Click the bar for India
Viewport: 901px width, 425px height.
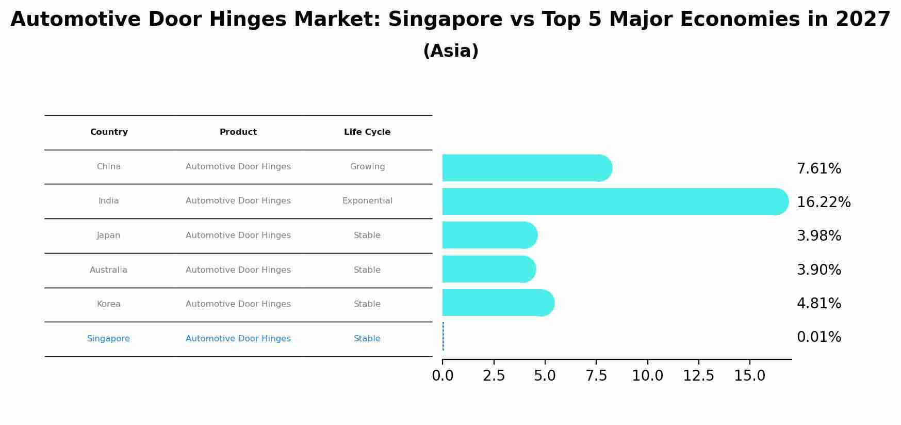614,201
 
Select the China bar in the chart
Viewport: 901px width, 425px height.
526,168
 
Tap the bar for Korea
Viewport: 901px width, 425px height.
498,303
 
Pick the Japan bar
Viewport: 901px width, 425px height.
489,235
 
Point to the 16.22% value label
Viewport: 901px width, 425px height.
823,202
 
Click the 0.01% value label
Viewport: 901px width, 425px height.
818,337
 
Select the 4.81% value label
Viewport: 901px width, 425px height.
818,304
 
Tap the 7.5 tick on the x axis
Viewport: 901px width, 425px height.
596,376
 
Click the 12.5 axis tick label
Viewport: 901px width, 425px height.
698,376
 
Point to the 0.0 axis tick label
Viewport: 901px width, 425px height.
443,376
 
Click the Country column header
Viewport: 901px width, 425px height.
109,132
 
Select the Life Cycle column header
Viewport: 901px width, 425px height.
367,132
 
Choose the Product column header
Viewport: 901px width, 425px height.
238,132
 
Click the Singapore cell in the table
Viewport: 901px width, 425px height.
108,339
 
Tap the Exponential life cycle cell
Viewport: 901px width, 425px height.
367,201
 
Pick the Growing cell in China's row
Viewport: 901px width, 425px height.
367,167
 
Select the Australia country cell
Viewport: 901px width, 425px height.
108,270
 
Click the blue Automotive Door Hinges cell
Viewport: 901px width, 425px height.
238,339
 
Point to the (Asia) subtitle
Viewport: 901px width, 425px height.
450,51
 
